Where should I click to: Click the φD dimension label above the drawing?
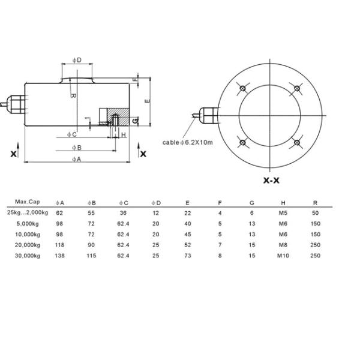pyautogui.click(x=77, y=60)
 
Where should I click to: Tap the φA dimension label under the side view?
pyautogui.click(x=77, y=159)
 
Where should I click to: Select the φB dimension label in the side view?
pyautogui.click(x=77, y=148)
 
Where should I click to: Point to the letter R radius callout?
pyautogui.click(x=73, y=95)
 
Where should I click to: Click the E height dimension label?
pyautogui.click(x=148, y=101)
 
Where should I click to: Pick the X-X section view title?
pyautogui.click(x=271, y=181)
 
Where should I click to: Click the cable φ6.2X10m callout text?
pyautogui.click(x=188, y=142)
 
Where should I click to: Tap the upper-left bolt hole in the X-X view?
pyautogui.click(x=242, y=88)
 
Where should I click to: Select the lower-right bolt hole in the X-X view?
pyautogui.click(x=297, y=143)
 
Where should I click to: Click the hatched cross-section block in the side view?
pyautogui.click(x=118, y=116)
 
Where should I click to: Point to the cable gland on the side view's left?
pyautogui.click(x=16, y=104)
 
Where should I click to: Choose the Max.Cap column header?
pyautogui.click(x=28, y=202)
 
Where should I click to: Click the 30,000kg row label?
pyautogui.click(x=28, y=256)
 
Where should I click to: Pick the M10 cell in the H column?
pyautogui.click(x=283, y=256)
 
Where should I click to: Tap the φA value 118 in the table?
pyautogui.click(x=59, y=245)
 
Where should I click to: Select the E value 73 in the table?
pyautogui.click(x=188, y=256)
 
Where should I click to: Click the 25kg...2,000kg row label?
pyautogui.click(x=28, y=212)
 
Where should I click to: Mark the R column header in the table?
pyautogui.click(x=315, y=203)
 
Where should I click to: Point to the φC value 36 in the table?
pyautogui.click(x=123, y=213)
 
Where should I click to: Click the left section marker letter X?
pyautogui.click(x=14, y=154)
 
